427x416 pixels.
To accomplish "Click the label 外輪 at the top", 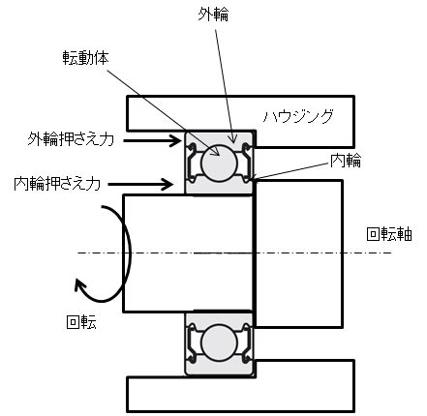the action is (x=213, y=15).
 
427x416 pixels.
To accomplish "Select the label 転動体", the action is (x=86, y=58).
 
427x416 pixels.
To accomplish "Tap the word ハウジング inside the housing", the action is (x=298, y=116).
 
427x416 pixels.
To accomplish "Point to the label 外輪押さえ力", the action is (x=71, y=139).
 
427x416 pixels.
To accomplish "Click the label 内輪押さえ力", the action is (x=57, y=184).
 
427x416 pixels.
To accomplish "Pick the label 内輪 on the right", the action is (x=345, y=161).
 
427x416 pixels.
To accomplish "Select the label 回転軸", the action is (x=389, y=234).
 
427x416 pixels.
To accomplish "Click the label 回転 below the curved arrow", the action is (x=81, y=322).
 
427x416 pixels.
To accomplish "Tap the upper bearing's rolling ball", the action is (x=219, y=163).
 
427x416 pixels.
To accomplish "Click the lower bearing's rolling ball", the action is (x=219, y=342).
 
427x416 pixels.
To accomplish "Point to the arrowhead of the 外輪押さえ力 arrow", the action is (x=176, y=140).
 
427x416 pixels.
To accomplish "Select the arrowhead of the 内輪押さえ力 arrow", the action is (x=168, y=185).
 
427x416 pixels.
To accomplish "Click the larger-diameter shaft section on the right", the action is (x=298, y=253).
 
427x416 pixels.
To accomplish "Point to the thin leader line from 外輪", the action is (x=225, y=83).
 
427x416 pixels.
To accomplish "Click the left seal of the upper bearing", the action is (x=192, y=163).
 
